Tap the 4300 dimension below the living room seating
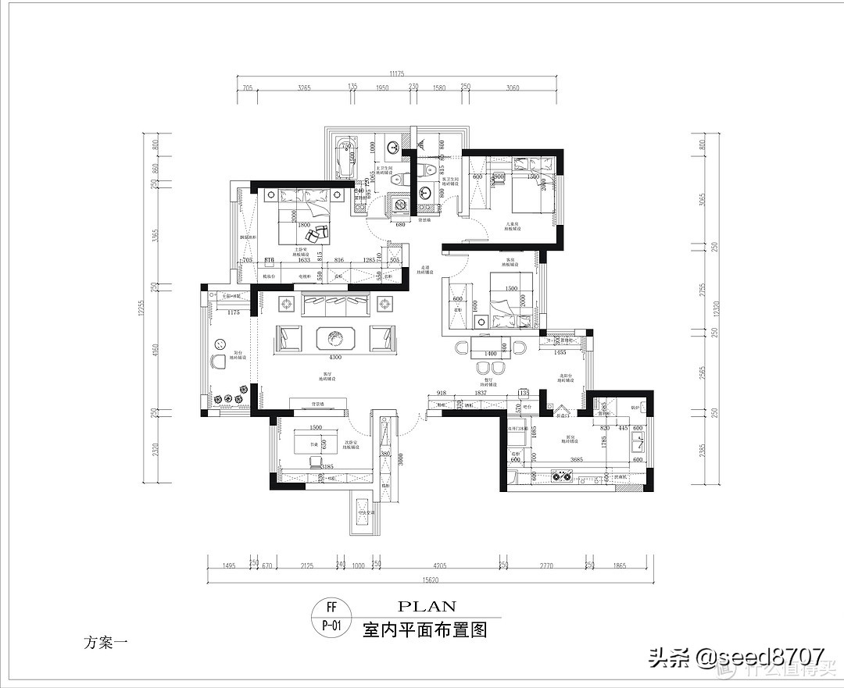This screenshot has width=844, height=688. click(334, 358)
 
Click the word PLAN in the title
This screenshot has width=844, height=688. click(427, 606)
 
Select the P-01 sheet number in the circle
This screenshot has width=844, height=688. click(331, 626)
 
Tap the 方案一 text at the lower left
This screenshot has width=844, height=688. click(105, 643)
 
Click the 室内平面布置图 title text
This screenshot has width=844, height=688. click(425, 630)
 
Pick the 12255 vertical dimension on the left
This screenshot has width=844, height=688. click(143, 308)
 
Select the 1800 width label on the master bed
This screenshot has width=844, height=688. click(304, 225)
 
